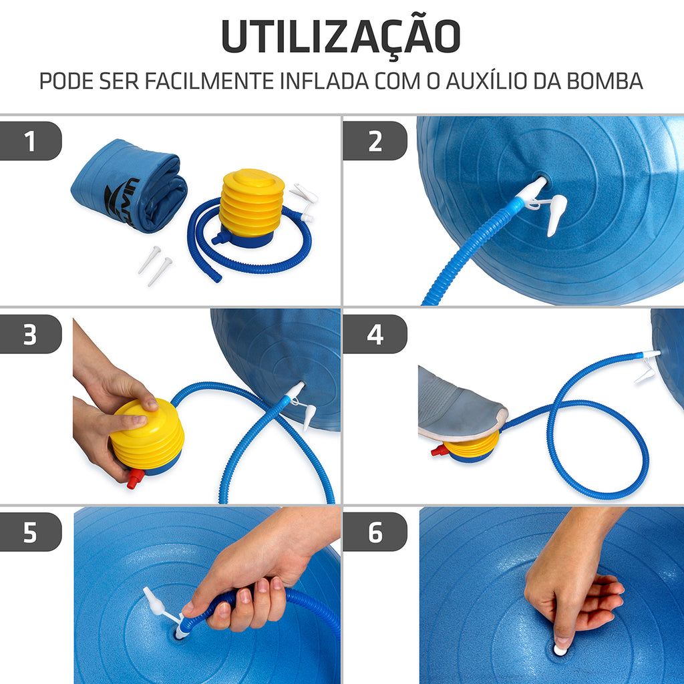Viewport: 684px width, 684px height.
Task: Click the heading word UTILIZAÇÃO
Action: tap(341, 37)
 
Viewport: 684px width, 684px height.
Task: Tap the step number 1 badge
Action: tap(30, 142)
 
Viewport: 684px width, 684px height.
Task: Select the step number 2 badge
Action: tap(375, 142)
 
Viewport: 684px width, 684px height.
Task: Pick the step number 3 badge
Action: tap(30, 335)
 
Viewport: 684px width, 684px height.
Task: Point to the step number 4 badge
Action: tap(375, 335)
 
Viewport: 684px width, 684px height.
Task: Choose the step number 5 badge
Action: tap(30, 532)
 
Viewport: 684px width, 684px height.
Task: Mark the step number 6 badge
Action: tap(375, 532)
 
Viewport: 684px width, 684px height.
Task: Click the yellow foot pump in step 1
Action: tap(252, 207)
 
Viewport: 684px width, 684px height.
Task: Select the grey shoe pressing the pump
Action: tap(460, 405)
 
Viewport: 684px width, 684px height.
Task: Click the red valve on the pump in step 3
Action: tap(135, 478)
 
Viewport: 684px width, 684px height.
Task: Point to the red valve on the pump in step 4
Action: tap(440, 451)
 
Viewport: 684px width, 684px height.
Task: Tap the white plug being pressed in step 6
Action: tap(560, 649)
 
